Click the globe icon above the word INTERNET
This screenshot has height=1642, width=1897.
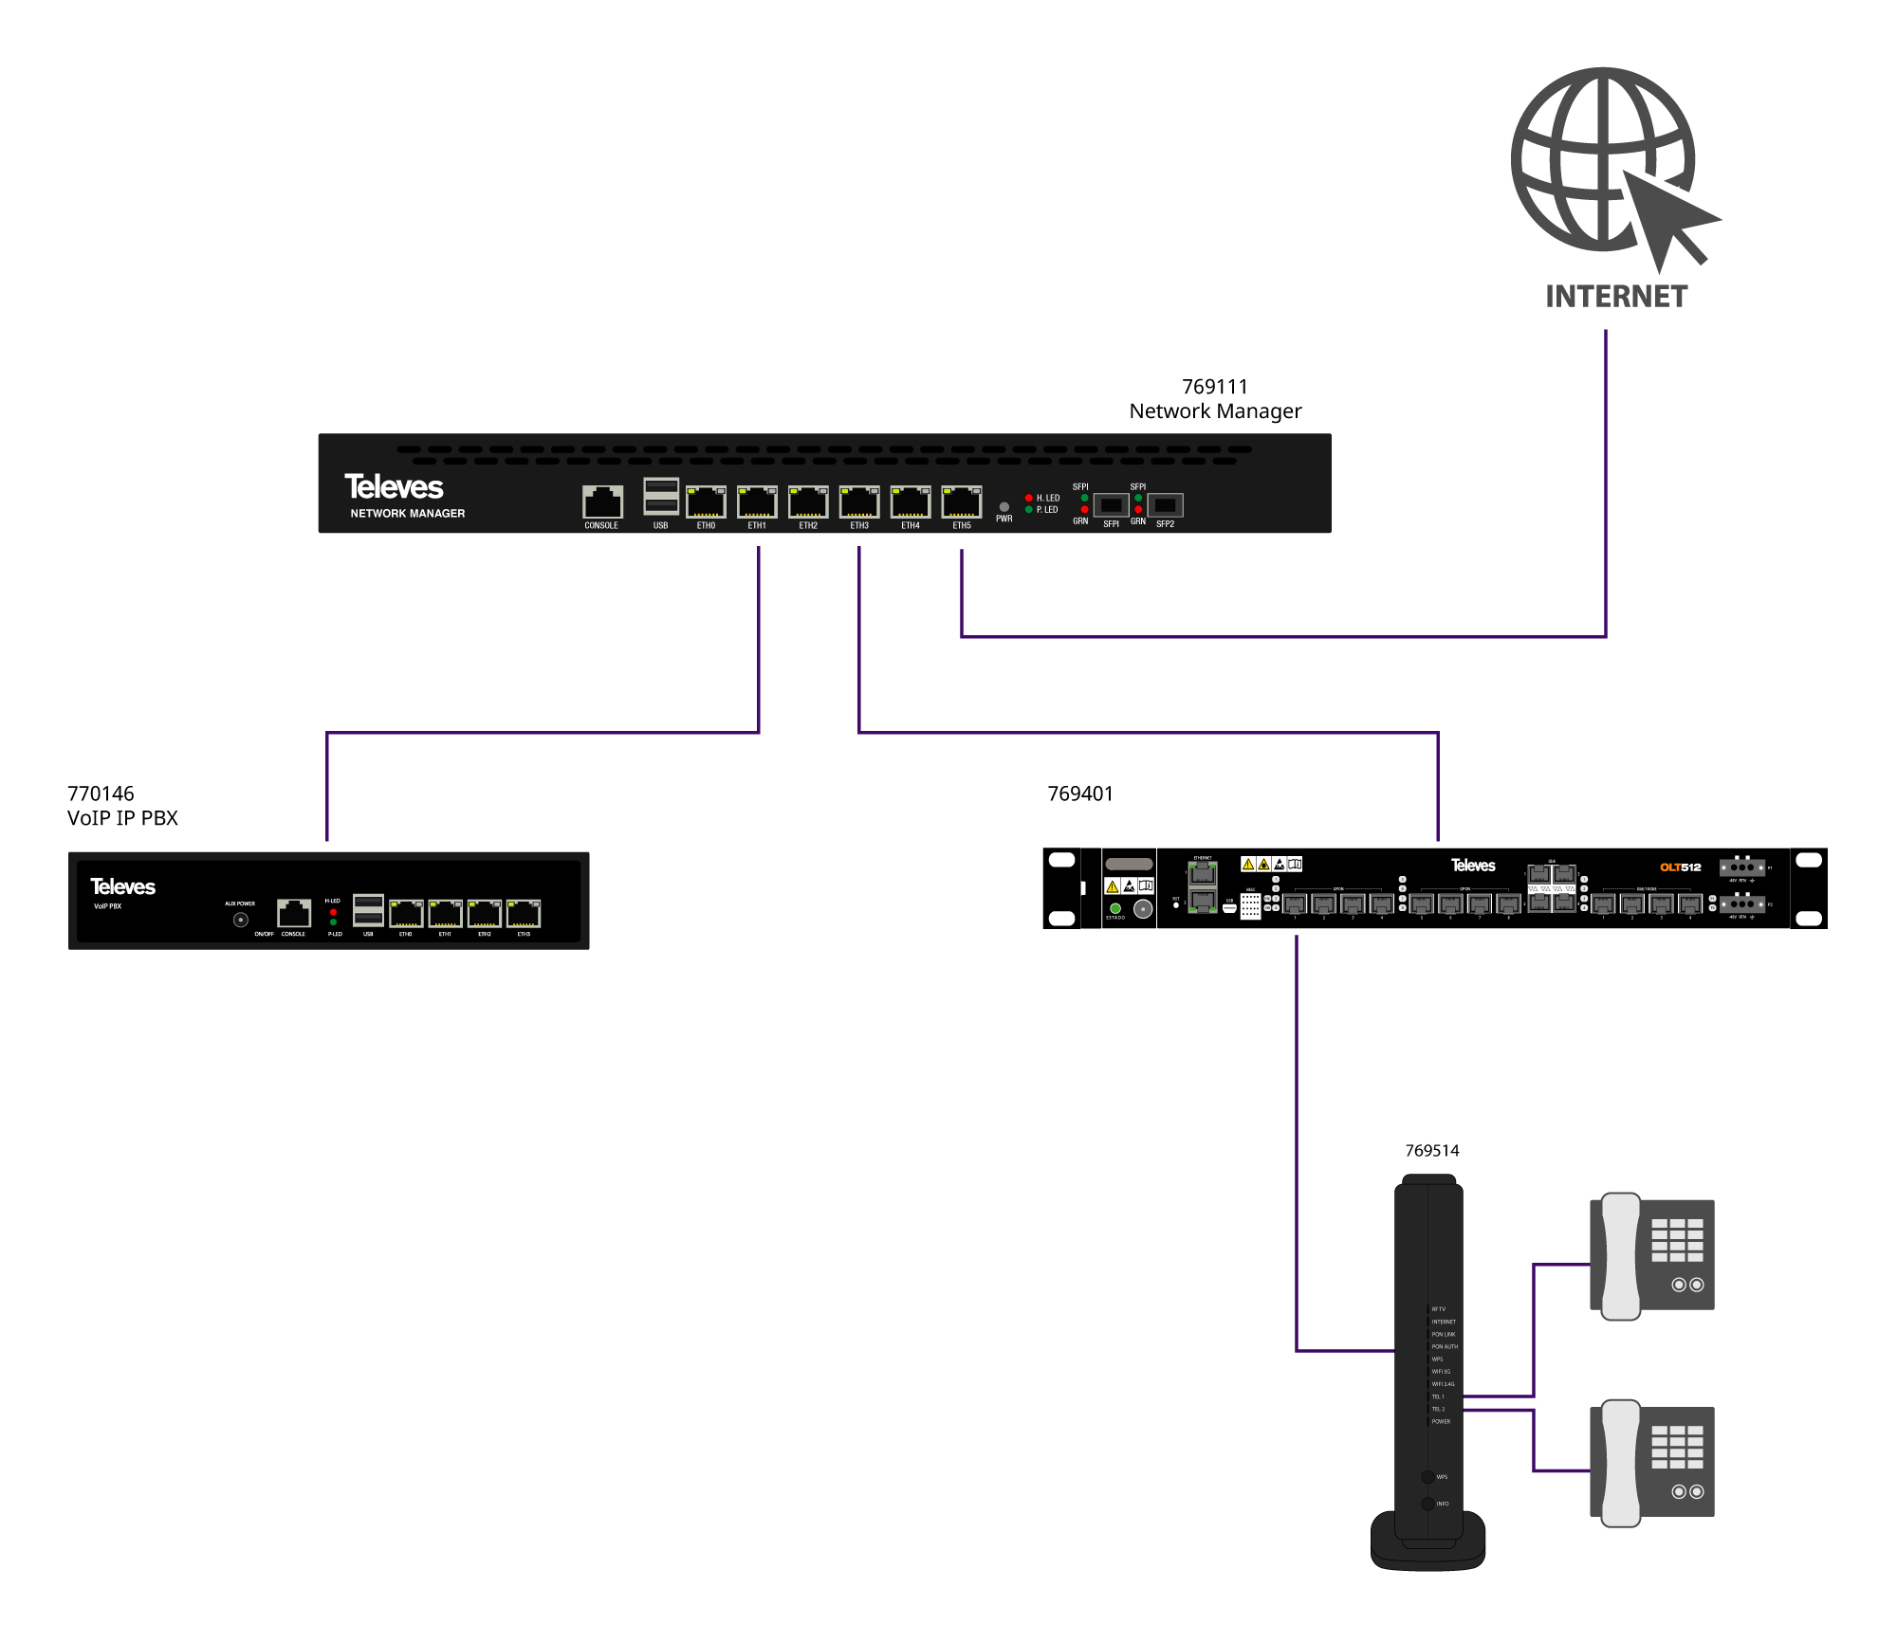pyautogui.click(x=1603, y=159)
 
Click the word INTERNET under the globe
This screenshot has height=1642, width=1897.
pyautogui.click(x=1616, y=297)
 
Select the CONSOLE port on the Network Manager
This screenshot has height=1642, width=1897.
pyautogui.click(x=602, y=502)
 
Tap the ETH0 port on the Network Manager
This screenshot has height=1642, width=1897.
pyautogui.click(x=706, y=502)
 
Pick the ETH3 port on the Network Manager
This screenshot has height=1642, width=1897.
pyautogui.click(x=859, y=502)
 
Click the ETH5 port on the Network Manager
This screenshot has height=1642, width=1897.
pyautogui.click(x=961, y=502)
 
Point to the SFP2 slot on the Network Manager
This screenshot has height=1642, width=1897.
pyautogui.click(x=1166, y=505)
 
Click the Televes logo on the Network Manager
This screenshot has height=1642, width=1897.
pyautogui.click(x=394, y=487)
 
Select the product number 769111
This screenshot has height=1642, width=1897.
pyautogui.click(x=1214, y=387)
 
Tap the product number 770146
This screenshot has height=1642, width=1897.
pyautogui.click(x=101, y=794)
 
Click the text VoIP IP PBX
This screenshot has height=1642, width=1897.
pyautogui.click(x=122, y=818)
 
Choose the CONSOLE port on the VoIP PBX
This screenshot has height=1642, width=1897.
pyautogui.click(x=294, y=913)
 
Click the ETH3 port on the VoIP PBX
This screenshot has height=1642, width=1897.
pyautogui.click(x=524, y=914)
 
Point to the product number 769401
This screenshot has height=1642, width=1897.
pyautogui.click(x=1080, y=794)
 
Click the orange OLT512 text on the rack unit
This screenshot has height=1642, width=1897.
pyautogui.click(x=1680, y=867)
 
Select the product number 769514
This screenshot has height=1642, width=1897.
pyautogui.click(x=1432, y=1151)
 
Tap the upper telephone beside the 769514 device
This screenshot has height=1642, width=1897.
pyautogui.click(x=1651, y=1255)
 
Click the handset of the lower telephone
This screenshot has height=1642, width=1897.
pyautogui.click(x=1621, y=1463)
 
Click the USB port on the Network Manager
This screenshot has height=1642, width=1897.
pyautogui.click(x=661, y=496)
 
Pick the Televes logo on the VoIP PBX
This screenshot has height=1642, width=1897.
pyautogui.click(x=122, y=886)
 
